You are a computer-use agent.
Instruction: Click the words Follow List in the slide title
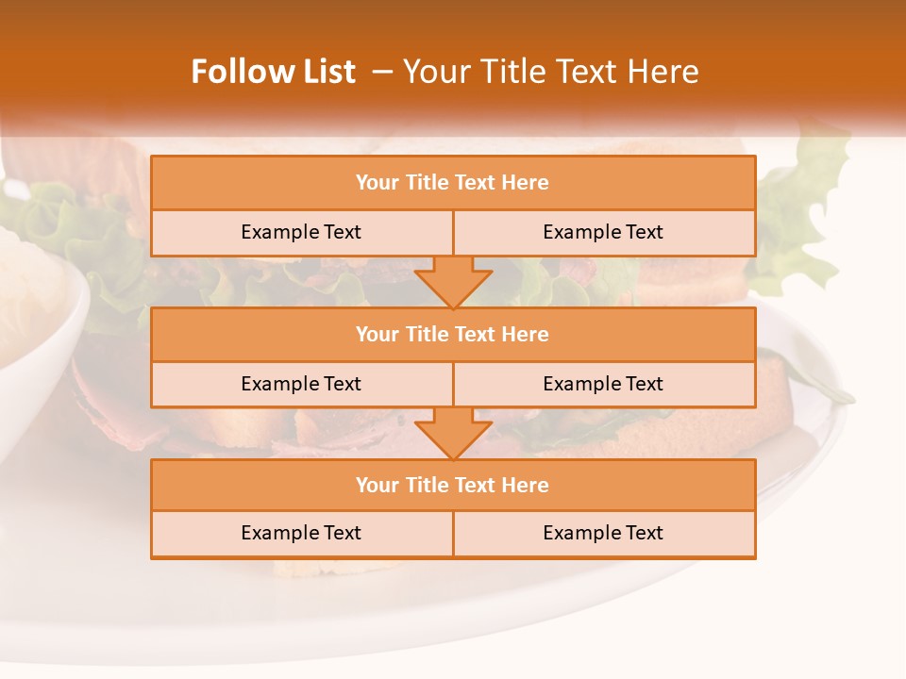click(273, 72)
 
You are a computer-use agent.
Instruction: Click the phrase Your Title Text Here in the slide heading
click(550, 72)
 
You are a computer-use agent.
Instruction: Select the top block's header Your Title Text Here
click(452, 183)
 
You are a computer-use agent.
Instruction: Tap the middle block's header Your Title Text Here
click(452, 335)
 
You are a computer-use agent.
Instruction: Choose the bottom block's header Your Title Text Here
click(452, 486)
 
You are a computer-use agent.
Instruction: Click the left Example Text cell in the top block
click(301, 232)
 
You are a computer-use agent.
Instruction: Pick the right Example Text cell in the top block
click(603, 232)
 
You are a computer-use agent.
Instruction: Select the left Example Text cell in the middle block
click(301, 384)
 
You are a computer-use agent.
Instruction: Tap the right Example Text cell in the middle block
click(603, 384)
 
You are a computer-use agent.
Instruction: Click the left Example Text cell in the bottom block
click(301, 533)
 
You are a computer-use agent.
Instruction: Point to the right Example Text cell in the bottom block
click(603, 533)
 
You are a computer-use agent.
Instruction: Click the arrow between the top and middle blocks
click(453, 281)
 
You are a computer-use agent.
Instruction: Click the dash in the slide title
click(382, 73)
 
